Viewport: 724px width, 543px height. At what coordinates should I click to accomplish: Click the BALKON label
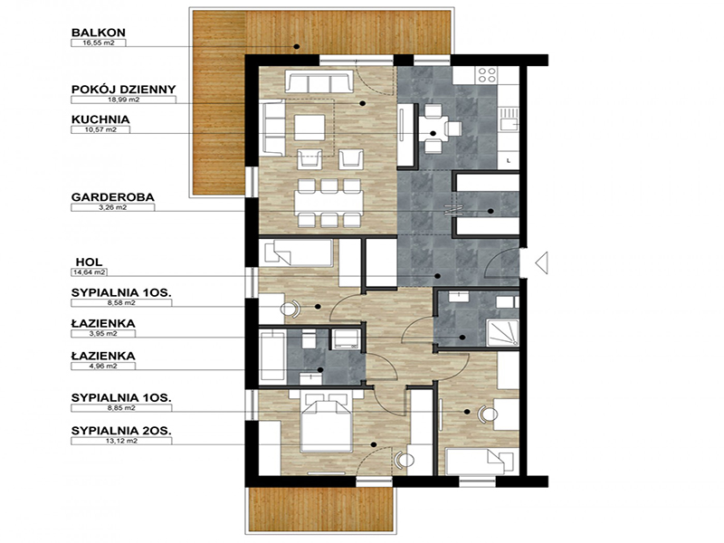(x=99, y=33)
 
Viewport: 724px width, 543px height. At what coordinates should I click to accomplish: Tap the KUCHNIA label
(x=100, y=119)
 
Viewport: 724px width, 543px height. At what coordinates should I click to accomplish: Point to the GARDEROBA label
(x=112, y=197)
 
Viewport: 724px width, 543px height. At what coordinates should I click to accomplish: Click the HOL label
(x=89, y=262)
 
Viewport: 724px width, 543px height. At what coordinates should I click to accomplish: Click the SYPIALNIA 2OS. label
(x=121, y=431)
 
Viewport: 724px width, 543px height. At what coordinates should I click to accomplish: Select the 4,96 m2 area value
(x=103, y=367)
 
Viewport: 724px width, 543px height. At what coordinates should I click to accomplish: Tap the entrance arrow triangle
(x=541, y=263)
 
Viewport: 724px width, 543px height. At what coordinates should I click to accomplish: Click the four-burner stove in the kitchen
(x=487, y=75)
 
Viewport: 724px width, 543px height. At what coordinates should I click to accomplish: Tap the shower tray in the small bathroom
(x=503, y=332)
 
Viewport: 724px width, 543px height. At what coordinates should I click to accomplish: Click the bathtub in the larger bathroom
(x=272, y=356)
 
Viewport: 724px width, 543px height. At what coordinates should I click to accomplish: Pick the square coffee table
(x=310, y=128)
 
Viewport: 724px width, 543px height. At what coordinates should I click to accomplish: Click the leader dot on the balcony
(x=297, y=47)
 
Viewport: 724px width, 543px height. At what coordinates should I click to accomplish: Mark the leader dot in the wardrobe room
(x=491, y=212)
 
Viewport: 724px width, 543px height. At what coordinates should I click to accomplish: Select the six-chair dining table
(x=329, y=203)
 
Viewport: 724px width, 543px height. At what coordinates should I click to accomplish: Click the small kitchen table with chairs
(x=438, y=129)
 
